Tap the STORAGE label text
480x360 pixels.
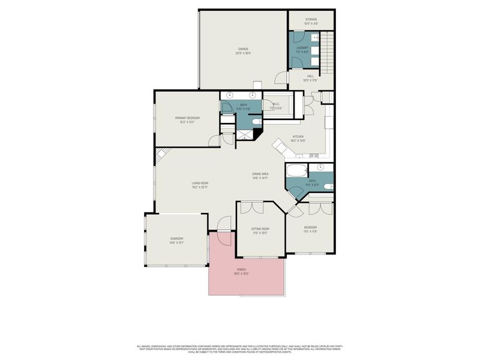click(x=311, y=21)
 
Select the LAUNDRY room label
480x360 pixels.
click(x=302, y=49)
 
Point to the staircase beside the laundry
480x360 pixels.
click(x=326, y=52)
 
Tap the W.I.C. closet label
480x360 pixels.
click(x=277, y=107)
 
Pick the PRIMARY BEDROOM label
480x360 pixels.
click(x=187, y=119)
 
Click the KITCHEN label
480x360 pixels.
click(x=299, y=138)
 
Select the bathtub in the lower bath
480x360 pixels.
click(x=298, y=170)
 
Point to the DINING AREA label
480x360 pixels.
click(x=260, y=176)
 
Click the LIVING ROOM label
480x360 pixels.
click(x=200, y=185)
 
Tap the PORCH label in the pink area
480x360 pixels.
click(x=241, y=271)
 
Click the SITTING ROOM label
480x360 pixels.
click(x=259, y=230)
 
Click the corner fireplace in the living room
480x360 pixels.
click(x=160, y=155)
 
